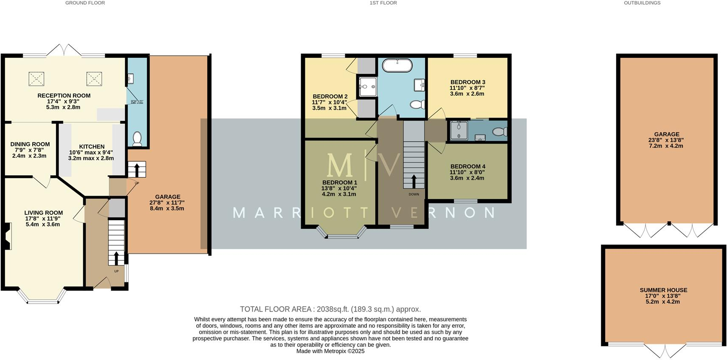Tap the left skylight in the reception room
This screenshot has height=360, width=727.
[x=36, y=79]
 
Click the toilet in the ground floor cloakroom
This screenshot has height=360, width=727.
[x=137, y=139]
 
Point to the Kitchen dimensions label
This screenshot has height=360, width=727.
[x=91, y=155]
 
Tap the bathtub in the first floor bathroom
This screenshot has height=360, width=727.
[x=397, y=65]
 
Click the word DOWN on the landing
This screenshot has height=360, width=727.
[x=414, y=194]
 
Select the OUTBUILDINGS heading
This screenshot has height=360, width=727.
[x=642, y=3]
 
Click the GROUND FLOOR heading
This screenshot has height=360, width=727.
[x=85, y=3]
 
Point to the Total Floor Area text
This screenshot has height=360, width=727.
[x=330, y=309]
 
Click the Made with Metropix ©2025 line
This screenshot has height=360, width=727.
[x=330, y=351]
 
